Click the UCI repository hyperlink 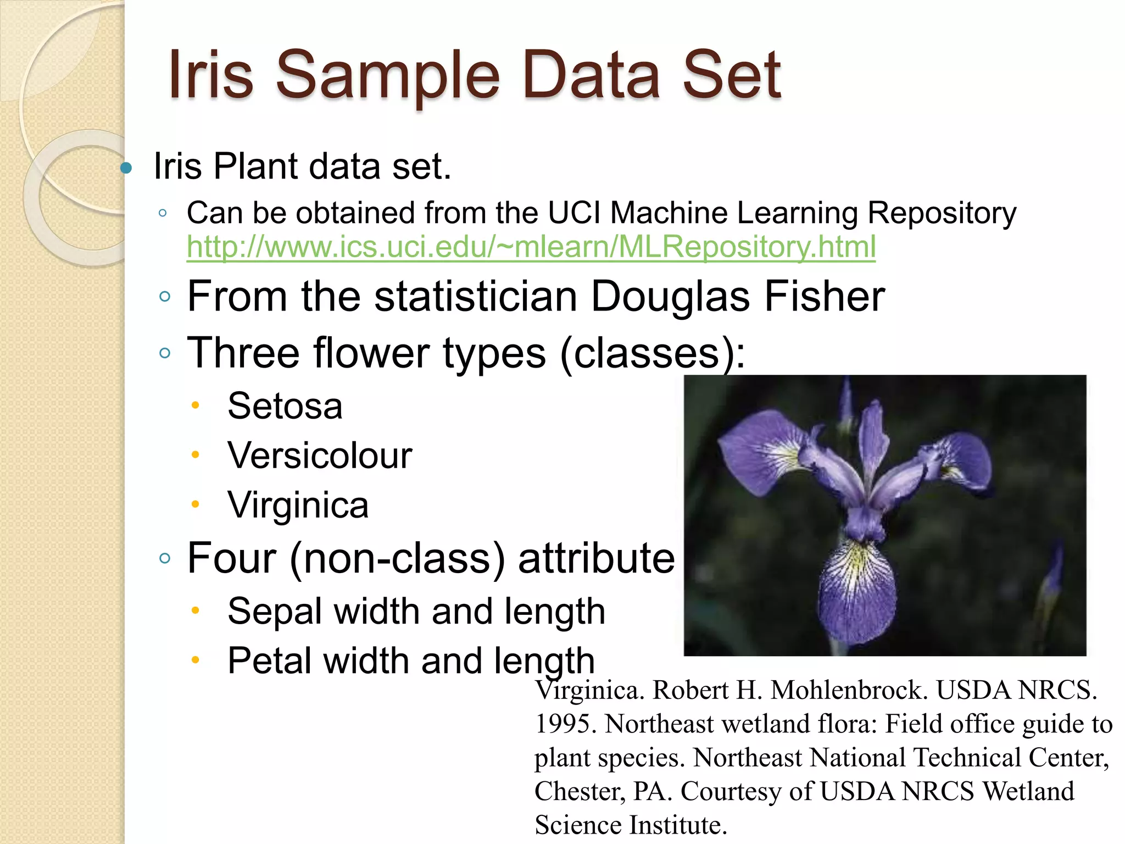(531, 247)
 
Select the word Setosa (285, 406)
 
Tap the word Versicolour (320, 456)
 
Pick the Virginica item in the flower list (298, 505)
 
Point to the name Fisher (824, 297)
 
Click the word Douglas (670, 297)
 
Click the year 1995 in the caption (566, 724)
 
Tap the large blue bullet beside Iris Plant (126, 168)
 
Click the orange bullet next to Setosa (195, 406)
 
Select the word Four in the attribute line (232, 558)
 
